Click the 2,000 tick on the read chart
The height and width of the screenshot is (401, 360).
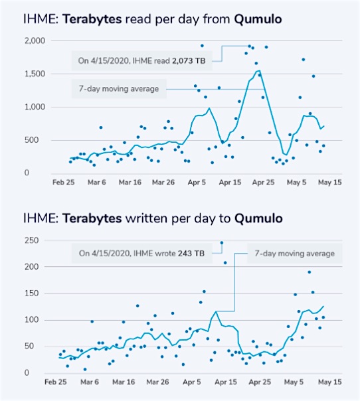tap(35, 40)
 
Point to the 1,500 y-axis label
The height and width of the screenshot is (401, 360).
tap(35, 74)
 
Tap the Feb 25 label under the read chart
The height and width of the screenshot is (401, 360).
tap(64, 183)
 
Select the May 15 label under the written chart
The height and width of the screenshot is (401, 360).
tap(330, 382)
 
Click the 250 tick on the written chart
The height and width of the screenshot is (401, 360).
tap(32, 240)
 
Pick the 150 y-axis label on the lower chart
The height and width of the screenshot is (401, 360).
tap(32, 293)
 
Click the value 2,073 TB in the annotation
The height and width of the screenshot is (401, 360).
tap(189, 61)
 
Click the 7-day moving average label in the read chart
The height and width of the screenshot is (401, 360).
tap(119, 89)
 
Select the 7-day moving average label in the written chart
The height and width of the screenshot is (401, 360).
tap(295, 254)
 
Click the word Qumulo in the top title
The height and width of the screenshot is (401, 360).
tap(258, 19)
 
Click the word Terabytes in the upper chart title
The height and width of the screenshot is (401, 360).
tap(92, 19)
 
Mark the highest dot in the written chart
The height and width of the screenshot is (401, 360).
tap(222, 243)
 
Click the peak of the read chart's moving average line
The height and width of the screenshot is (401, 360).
tap(260, 70)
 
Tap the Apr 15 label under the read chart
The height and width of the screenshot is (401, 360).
tap(230, 183)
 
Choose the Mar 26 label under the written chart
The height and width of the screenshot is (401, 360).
tap(157, 382)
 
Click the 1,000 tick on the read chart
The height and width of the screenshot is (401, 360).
tap(35, 107)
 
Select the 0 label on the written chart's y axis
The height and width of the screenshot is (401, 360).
tap(27, 372)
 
